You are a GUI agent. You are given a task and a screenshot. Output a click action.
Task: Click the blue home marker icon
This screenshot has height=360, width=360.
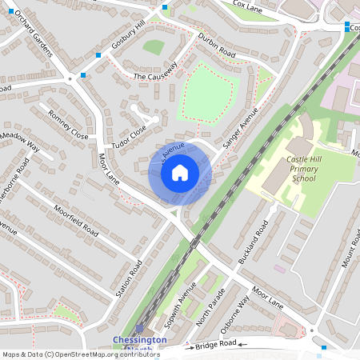[180, 173]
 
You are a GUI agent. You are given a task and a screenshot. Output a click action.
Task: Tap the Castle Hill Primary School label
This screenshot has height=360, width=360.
[290, 169]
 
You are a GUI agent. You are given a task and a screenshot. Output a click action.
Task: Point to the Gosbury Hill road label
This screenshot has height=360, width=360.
[128, 37]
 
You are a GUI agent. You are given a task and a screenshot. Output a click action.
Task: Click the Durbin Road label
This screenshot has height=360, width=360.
[217, 41]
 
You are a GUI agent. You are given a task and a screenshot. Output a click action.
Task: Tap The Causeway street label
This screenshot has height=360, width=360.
[155, 76]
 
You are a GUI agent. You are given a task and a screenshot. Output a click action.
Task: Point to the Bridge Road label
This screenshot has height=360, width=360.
[217, 343]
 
